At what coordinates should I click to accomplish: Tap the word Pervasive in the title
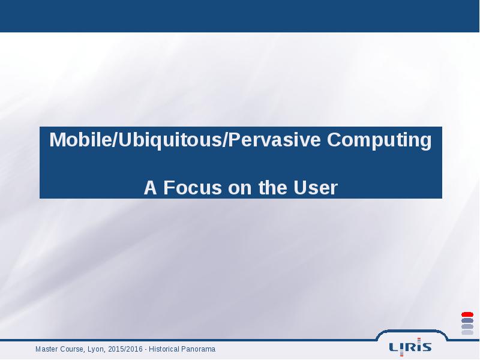click(275, 140)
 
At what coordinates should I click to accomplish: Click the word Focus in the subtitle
click(193, 187)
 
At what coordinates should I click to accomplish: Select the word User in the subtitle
click(316, 187)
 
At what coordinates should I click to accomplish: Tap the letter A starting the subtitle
click(151, 187)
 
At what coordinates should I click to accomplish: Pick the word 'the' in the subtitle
click(273, 187)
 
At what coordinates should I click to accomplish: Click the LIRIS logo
click(410, 347)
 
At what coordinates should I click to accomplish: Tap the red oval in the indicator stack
click(467, 314)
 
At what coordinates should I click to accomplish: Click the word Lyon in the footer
click(97, 349)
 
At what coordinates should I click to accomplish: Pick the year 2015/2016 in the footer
click(125, 349)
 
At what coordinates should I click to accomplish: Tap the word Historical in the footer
click(164, 349)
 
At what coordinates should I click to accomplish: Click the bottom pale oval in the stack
click(467, 332)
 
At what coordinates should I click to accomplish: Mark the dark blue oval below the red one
click(467, 320)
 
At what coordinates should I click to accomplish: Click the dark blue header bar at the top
click(239, 16)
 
